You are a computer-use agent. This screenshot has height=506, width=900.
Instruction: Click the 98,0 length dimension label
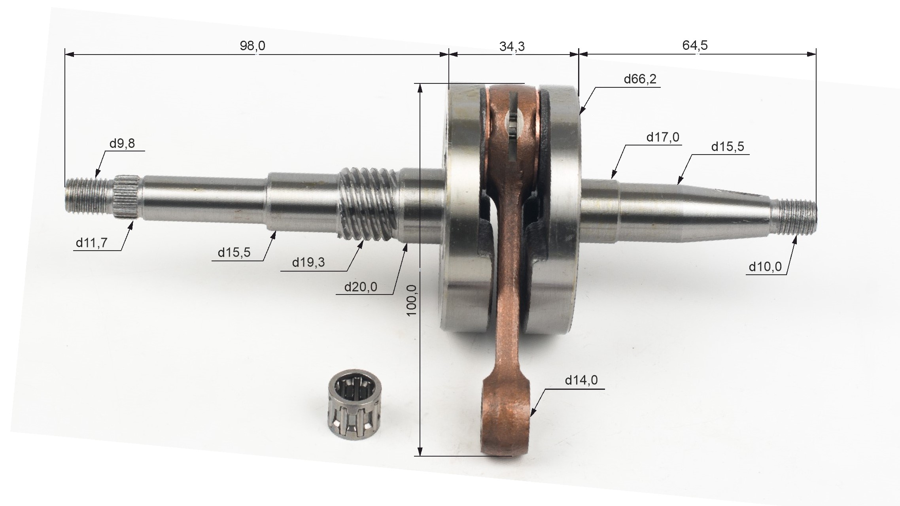pos(252,46)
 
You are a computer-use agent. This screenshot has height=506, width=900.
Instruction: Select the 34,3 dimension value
pos(512,47)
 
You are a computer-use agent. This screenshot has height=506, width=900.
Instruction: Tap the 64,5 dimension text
pos(695,45)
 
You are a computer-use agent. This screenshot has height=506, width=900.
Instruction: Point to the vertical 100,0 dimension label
pos(412,300)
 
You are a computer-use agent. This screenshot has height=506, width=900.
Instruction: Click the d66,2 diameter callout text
pos(640,79)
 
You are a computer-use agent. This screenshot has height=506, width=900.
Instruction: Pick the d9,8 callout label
pos(122,143)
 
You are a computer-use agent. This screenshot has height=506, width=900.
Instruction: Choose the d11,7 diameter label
pos(91,243)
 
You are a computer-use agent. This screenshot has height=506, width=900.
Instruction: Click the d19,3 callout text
pos(308,262)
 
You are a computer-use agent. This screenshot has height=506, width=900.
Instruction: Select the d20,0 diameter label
pos(361,287)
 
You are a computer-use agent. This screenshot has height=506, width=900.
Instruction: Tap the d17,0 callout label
pos(663,137)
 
